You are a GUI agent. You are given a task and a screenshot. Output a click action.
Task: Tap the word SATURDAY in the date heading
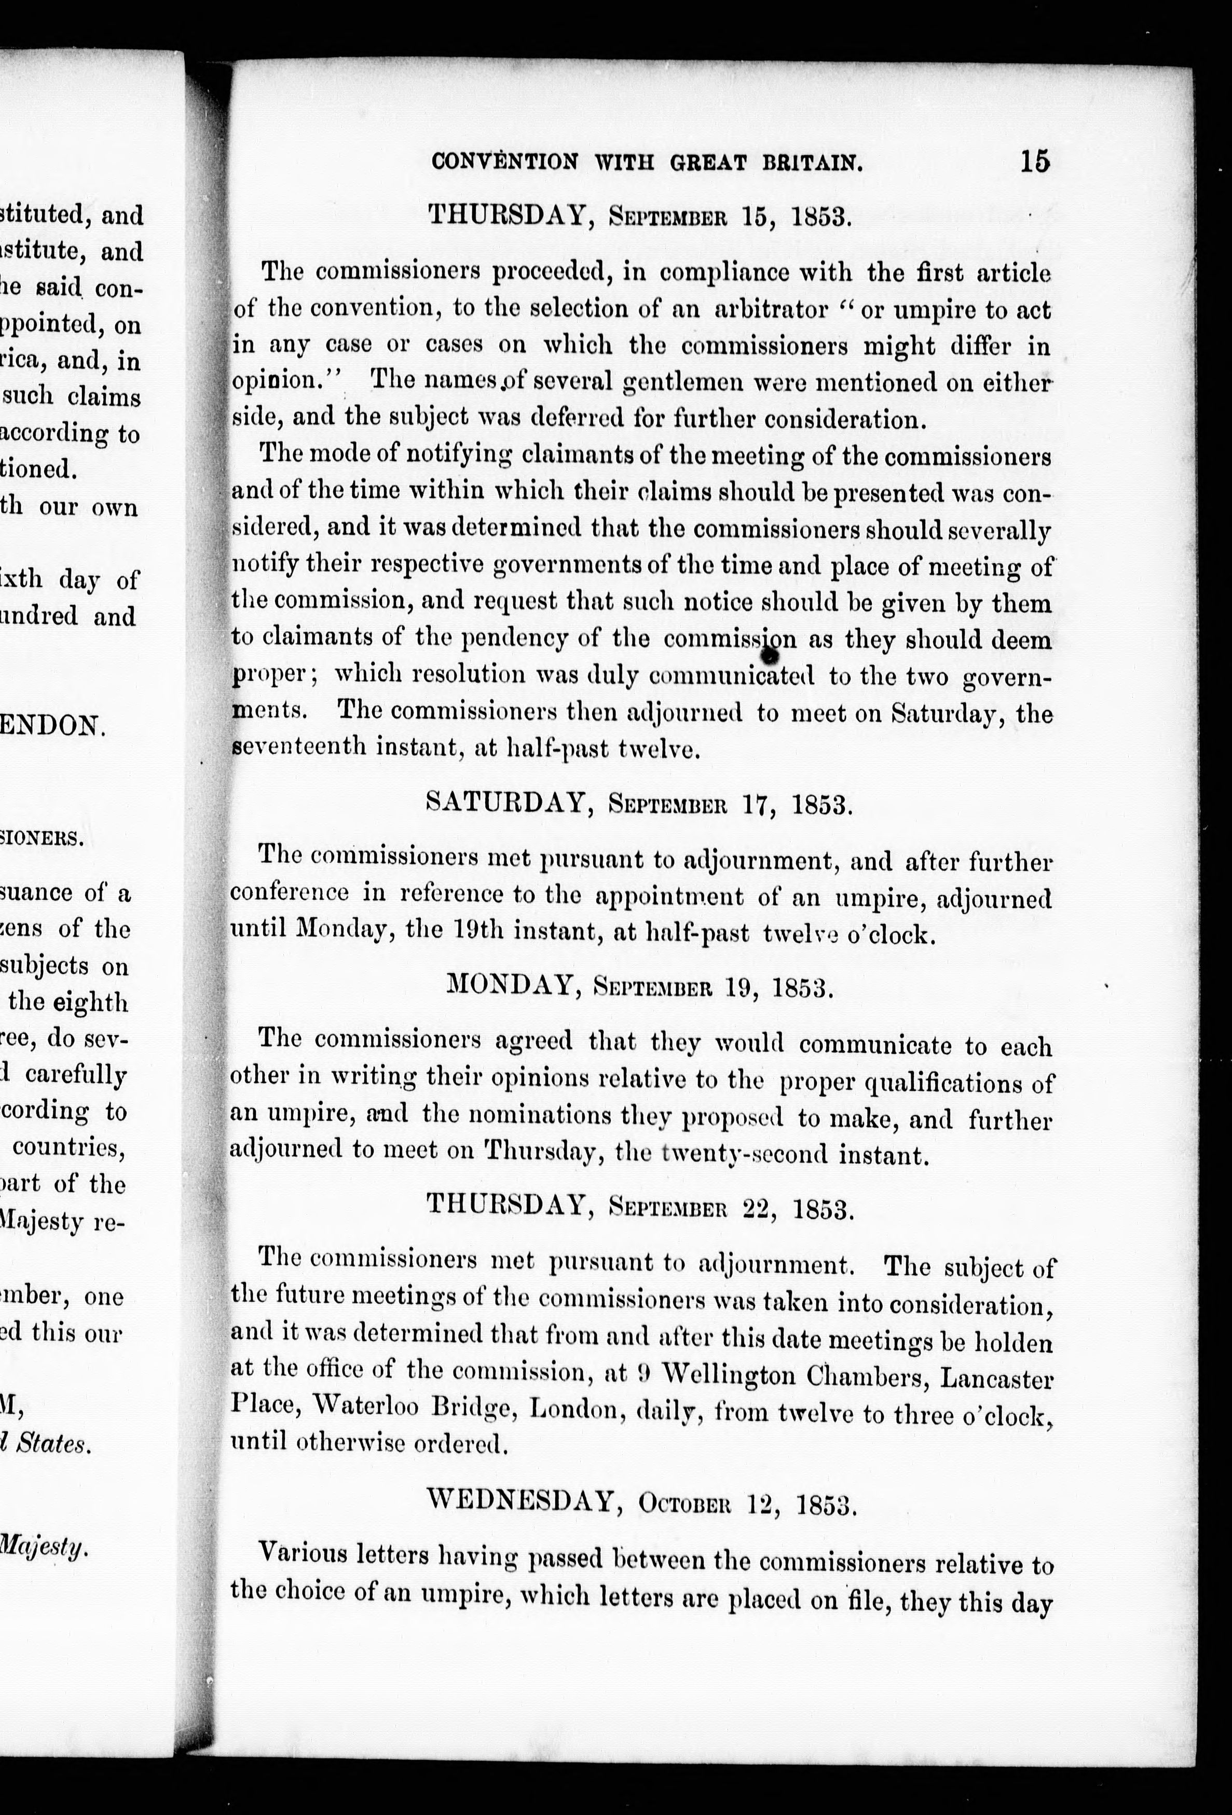(507, 802)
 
